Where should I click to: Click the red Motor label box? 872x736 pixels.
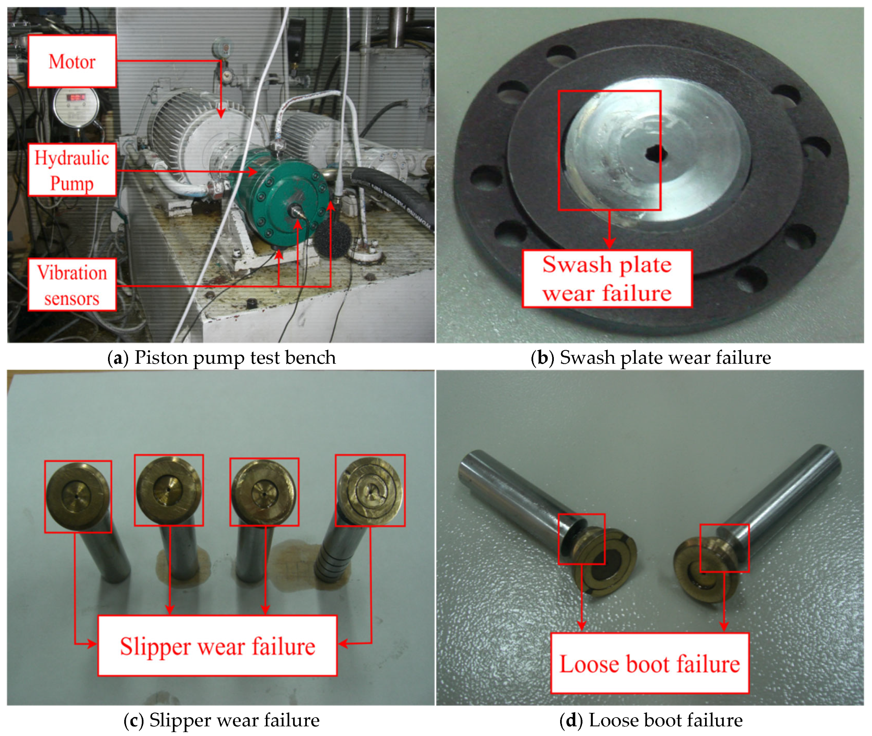point(72,61)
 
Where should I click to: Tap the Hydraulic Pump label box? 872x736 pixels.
point(72,170)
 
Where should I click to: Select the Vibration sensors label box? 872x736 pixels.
point(72,285)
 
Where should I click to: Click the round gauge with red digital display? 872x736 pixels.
point(77,106)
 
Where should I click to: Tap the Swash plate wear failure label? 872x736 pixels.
point(608,279)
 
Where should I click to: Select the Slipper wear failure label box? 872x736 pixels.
point(217,645)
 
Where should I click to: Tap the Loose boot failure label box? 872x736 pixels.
point(650,664)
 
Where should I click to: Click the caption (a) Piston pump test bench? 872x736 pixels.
point(222,357)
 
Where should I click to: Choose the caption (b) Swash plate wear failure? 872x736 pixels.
point(651,357)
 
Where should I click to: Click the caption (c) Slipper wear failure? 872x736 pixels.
point(222,721)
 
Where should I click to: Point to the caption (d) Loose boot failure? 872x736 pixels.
point(651,721)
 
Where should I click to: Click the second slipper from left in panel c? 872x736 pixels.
point(169,490)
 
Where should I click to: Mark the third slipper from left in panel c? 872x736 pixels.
point(264,492)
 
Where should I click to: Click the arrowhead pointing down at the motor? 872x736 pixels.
point(221,113)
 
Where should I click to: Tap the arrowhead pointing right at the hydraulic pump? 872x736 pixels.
point(252,172)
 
